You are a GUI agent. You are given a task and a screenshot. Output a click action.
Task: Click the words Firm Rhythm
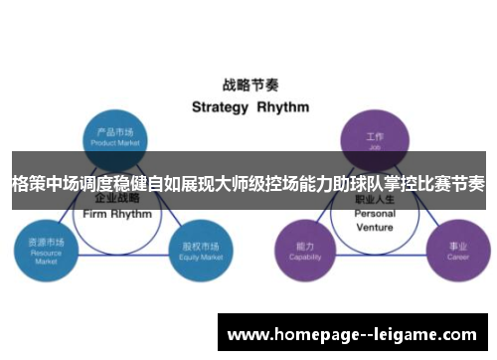[118, 214]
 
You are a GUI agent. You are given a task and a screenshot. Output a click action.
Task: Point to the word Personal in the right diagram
[375, 214]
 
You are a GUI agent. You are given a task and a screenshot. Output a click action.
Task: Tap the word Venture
[375, 227]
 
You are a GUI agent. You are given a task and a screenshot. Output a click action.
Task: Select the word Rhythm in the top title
[282, 106]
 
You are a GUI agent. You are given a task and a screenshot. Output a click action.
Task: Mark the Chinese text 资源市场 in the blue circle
[44, 242]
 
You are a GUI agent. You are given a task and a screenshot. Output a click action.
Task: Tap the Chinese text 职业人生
[375, 201]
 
